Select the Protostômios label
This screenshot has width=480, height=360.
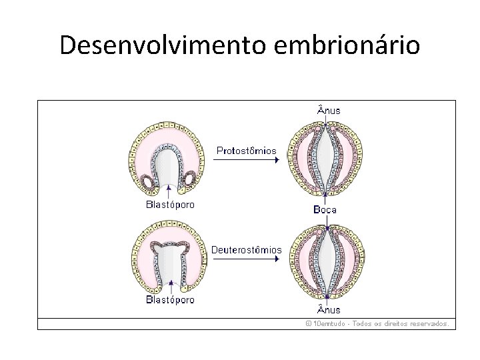[x=246, y=151]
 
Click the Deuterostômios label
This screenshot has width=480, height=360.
[x=247, y=250]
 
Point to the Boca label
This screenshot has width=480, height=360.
[x=325, y=209]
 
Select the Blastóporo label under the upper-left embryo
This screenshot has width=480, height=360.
[x=170, y=205]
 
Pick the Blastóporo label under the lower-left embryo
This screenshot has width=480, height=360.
[x=170, y=299]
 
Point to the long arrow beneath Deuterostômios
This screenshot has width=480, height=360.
[x=247, y=260]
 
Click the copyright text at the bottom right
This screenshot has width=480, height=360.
[x=377, y=323]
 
